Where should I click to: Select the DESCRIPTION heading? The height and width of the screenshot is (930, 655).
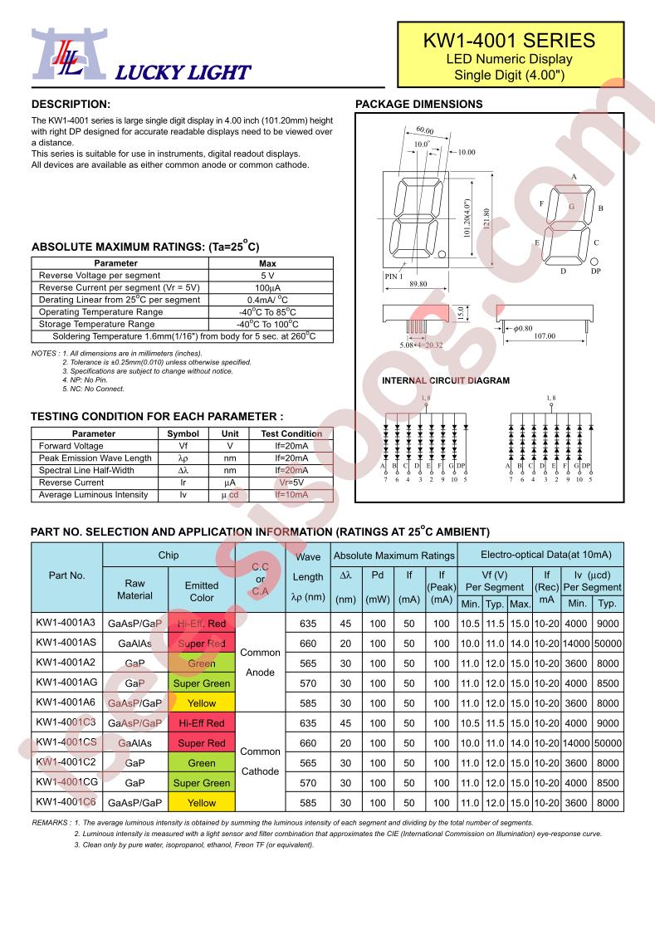click(71, 105)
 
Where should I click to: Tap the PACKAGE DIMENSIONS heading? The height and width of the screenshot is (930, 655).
click(418, 105)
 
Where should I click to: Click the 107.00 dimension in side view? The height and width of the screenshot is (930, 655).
click(545, 336)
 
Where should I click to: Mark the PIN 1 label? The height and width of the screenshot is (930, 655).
click(393, 276)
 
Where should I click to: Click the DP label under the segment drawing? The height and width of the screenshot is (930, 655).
click(594, 272)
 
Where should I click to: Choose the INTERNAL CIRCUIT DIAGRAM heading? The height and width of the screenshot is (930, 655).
click(445, 381)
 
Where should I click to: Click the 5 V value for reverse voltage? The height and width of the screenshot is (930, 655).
click(267, 275)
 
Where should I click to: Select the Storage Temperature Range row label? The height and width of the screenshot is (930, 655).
click(96, 324)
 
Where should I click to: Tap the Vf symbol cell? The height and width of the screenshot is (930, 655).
click(183, 446)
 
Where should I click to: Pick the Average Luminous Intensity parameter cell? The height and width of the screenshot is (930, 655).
click(93, 495)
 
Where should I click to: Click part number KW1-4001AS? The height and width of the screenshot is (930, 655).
click(66, 644)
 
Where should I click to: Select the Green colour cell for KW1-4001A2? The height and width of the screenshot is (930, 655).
click(202, 663)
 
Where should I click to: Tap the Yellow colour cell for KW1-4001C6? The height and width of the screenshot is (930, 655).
click(202, 803)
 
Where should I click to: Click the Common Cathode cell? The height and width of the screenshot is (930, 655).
click(260, 761)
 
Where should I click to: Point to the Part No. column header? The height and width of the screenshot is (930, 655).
click(66, 575)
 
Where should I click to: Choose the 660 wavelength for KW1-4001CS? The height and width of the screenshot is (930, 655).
click(308, 743)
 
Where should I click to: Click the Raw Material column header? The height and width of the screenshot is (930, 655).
click(134, 590)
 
